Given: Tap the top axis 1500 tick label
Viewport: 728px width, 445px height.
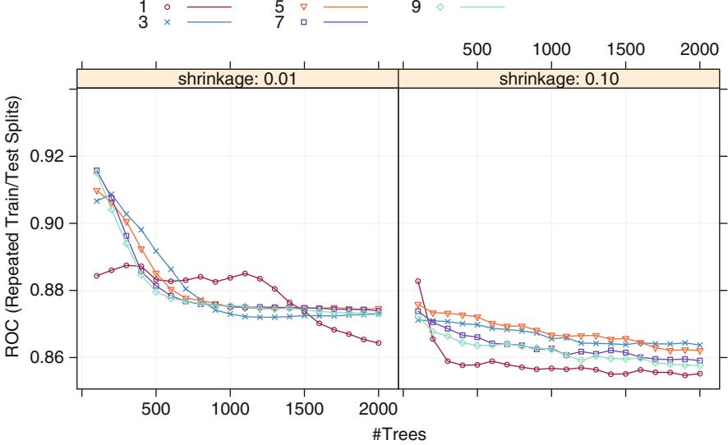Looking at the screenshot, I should (x=626, y=48).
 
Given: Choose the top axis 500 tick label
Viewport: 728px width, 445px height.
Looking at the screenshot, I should (x=477, y=48).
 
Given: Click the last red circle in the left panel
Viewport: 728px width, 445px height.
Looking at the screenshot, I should (x=379, y=343).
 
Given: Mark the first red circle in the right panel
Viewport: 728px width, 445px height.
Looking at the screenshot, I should (x=417, y=281).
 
